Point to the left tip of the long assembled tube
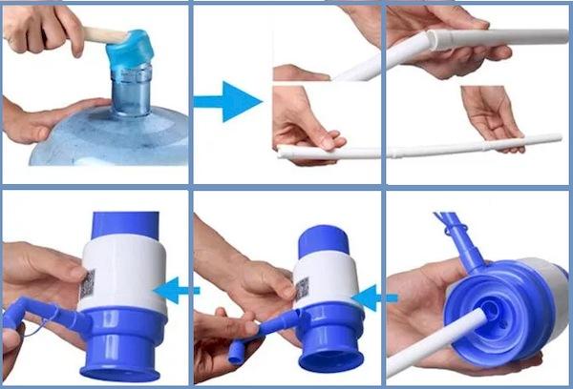[x=283, y=153]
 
